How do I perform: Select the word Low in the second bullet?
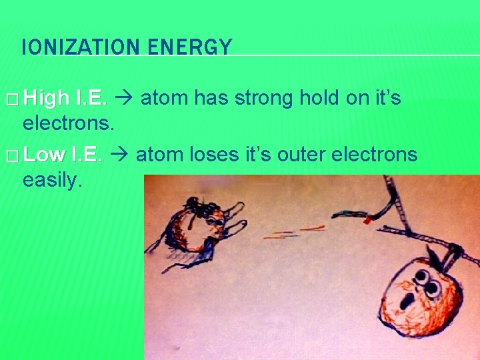pos(44,155)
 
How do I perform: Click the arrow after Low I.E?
pos(119,155)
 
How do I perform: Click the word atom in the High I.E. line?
pos(161,99)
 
